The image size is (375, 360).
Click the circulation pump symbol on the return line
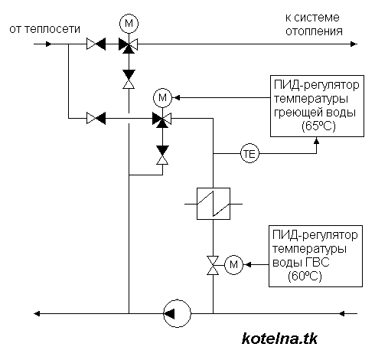[x=177, y=313]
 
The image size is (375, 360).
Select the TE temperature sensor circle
[x=249, y=154]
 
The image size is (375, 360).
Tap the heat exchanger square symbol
[x=214, y=204]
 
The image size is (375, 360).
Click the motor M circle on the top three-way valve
[x=129, y=24]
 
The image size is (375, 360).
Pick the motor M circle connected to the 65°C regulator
[x=162, y=97]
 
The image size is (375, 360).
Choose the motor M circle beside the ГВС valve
[x=233, y=265]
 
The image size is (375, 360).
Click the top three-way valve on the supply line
[x=129, y=45]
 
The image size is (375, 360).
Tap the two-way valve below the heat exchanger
[x=213, y=265]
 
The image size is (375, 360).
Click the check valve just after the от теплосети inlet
[x=96, y=44]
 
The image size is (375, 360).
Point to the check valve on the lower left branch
[x=96, y=118]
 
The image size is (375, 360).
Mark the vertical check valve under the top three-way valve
[x=129, y=79]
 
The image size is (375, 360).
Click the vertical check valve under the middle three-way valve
[x=162, y=155]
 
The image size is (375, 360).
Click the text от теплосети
[x=45, y=29]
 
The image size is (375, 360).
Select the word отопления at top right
[x=314, y=31]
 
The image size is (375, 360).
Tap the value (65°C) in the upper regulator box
[x=318, y=126]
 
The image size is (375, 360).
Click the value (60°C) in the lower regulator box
[x=305, y=276]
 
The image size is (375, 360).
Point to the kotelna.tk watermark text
[x=279, y=339]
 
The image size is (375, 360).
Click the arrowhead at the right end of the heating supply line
[x=354, y=44]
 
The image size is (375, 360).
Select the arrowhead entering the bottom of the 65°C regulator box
[x=316, y=140]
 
